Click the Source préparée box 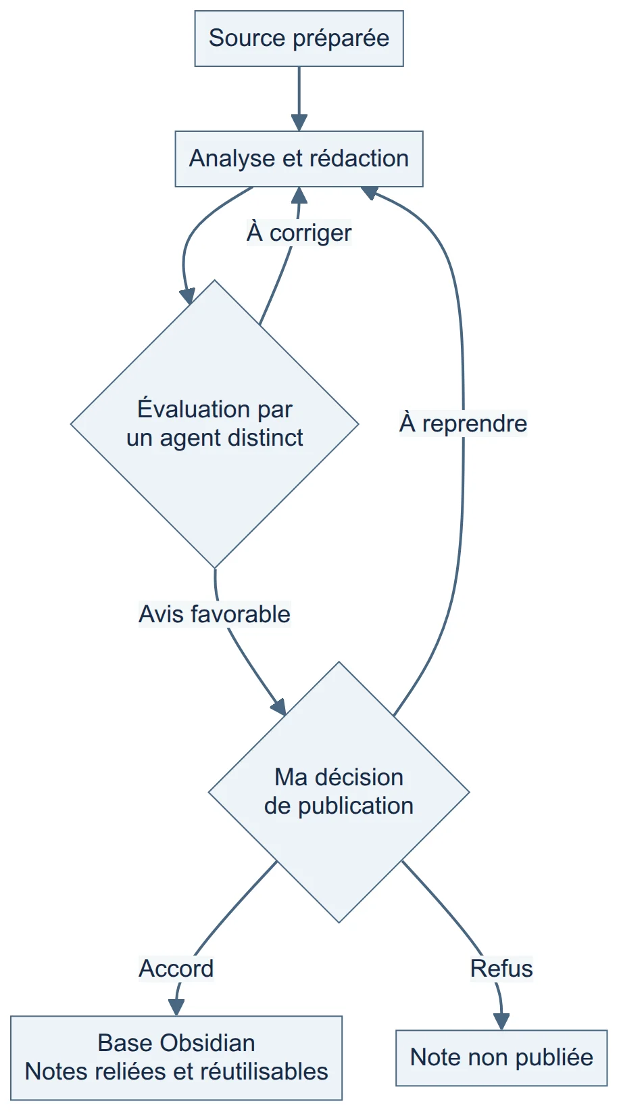click(299, 39)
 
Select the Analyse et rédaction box click(299, 159)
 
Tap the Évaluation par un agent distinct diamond click(214, 424)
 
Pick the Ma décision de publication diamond click(339, 792)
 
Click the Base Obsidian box click(176, 1057)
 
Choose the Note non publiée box click(501, 1057)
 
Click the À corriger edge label click(299, 232)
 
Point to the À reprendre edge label click(463, 423)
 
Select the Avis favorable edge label click(214, 614)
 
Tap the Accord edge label click(176, 969)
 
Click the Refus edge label click(501, 969)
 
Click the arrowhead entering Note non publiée click(501, 1021)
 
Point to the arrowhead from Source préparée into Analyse click(299, 122)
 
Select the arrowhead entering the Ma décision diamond click(279, 707)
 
